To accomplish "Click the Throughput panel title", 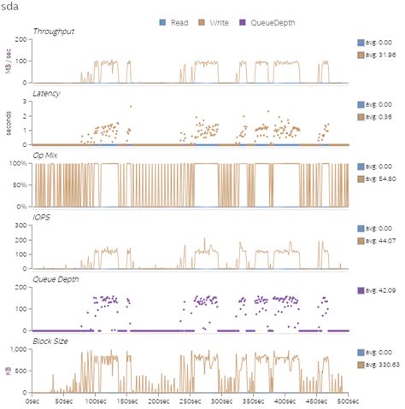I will [x=53, y=32].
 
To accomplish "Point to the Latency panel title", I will [x=46, y=92].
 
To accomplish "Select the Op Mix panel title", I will [x=46, y=158].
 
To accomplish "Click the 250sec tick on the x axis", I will [x=189, y=400].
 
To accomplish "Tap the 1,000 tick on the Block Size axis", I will [x=20, y=349].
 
